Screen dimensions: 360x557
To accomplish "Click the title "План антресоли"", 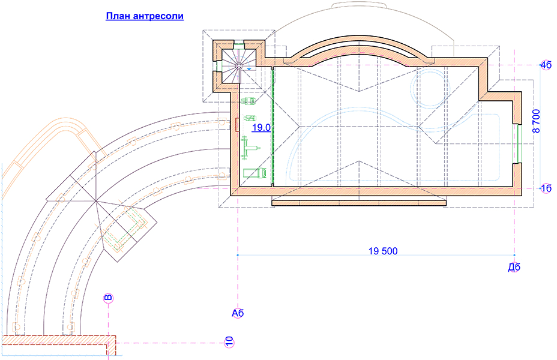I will pyautogui.click(x=145, y=16).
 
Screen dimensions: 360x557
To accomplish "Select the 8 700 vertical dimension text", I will pyautogui.click(x=537, y=121).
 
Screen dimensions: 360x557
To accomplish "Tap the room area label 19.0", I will pyautogui.click(x=260, y=128).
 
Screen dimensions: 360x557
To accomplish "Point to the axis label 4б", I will pyautogui.click(x=545, y=65).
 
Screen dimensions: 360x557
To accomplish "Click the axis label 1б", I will pyautogui.click(x=545, y=188).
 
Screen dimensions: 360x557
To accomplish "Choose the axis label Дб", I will pyautogui.click(x=514, y=266).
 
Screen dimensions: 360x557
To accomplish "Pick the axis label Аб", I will pyautogui.click(x=238, y=312).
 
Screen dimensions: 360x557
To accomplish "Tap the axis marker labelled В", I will pyautogui.click(x=108, y=298).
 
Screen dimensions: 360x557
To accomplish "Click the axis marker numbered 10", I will pyautogui.click(x=229, y=342).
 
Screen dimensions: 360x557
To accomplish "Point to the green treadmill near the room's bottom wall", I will pyautogui.click(x=254, y=173).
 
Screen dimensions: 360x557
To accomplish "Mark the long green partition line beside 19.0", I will pyautogui.click(x=273, y=126).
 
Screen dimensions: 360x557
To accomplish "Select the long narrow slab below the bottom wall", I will pyautogui.click(x=359, y=203).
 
